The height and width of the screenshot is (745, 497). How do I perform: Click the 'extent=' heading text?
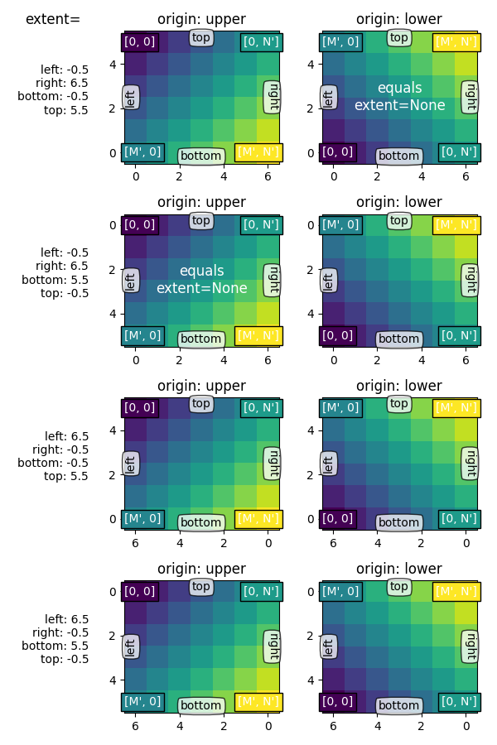[53, 19]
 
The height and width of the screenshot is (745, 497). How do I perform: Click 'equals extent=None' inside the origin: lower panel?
[399, 97]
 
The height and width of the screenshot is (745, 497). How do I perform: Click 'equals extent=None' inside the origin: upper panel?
[201, 280]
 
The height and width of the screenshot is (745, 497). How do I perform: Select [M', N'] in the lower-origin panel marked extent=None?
[456, 41]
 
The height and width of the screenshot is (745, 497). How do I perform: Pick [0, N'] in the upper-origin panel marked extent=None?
[261, 224]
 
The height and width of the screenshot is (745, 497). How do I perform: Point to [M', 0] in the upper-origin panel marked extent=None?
[142, 334]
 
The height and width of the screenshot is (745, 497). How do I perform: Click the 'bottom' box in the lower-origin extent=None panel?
[398, 156]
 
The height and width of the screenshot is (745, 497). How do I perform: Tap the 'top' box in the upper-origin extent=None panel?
[201, 220]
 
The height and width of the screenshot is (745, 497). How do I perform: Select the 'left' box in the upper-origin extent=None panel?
[130, 281]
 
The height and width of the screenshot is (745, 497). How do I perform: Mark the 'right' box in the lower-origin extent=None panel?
[470, 97]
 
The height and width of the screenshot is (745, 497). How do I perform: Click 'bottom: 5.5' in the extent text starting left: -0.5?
[55, 280]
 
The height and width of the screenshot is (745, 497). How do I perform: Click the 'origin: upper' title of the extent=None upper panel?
[201, 202]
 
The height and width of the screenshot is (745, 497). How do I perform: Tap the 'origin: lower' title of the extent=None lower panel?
[399, 19]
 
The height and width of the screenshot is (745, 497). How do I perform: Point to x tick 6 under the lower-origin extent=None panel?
[466, 175]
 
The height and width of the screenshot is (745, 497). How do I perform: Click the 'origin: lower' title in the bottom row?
[399, 569]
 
